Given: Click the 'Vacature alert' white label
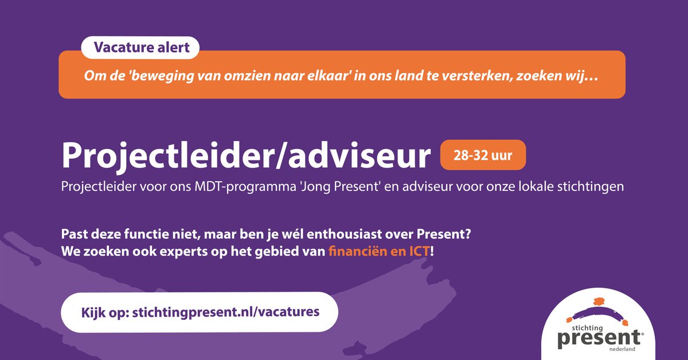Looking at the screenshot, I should [x=140, y=48].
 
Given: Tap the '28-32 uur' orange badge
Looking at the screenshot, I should [x=483, y=155].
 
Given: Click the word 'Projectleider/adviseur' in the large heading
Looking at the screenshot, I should [x=245, y=156].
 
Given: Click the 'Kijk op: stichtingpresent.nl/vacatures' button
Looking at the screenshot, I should [x=199, y=312].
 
